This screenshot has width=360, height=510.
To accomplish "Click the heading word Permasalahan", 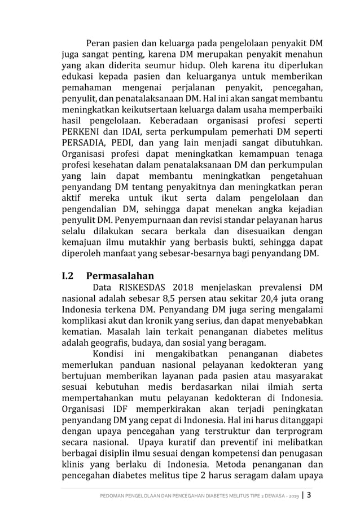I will tap(120, 276).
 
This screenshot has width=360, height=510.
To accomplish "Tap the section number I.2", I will tap(68, 276).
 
